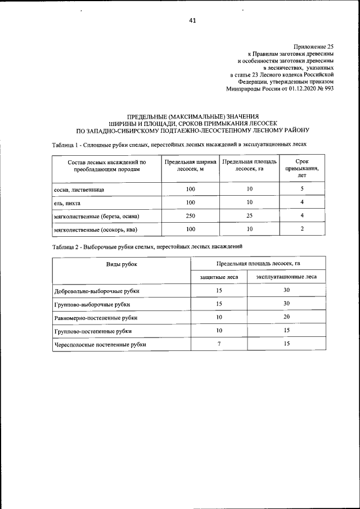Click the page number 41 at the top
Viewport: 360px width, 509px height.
click(192, 21)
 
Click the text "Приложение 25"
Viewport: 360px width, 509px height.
click(314, 46)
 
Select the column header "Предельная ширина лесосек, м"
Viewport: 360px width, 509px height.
click(190, 165)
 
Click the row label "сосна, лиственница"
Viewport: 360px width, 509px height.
click(79, 190)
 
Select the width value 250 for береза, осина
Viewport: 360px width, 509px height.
click(190, 216)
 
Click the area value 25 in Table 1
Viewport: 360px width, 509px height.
click(249, 216)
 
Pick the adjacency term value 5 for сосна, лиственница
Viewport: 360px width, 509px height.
click(302, 189)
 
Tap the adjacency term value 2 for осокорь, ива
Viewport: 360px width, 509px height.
click(302, 229)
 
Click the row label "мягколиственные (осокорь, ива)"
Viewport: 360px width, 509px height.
click(96, 229)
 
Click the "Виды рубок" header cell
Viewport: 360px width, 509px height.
click(121, 263)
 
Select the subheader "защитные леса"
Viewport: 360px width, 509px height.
click(219, 277)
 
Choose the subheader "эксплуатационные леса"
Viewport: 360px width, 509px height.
click(286, 277)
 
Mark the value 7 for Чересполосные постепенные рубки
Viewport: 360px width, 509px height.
click(219, 343)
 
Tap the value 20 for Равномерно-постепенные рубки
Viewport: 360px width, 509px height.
click(286, 317)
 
